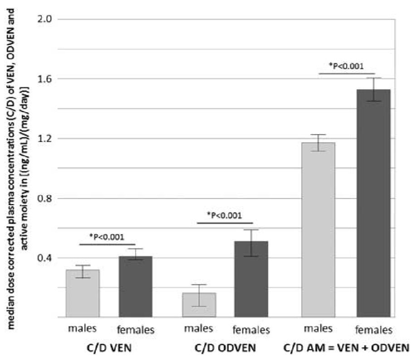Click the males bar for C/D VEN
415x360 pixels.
(x=83, y=293)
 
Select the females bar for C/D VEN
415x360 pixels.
(x=136, y=287)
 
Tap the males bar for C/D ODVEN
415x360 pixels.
(x=199, y=305)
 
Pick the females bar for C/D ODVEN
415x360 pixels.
(x=251, y=279)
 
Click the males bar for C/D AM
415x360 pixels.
(x=318, y=230)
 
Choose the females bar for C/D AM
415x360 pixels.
(x=373, y=203)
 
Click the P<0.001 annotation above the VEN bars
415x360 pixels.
(x=107, y=237)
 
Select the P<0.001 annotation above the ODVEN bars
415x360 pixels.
(x=225, y=215)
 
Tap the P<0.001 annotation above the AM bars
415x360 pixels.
(x=346, y=66)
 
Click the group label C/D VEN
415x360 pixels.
(x=109, y=348)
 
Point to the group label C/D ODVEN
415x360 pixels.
(x=225, y=348)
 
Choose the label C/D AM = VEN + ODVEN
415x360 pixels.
(x=346, y=348)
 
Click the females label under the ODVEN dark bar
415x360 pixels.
(x=251, y=330)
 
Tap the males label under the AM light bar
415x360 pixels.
(x=318, y=328)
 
